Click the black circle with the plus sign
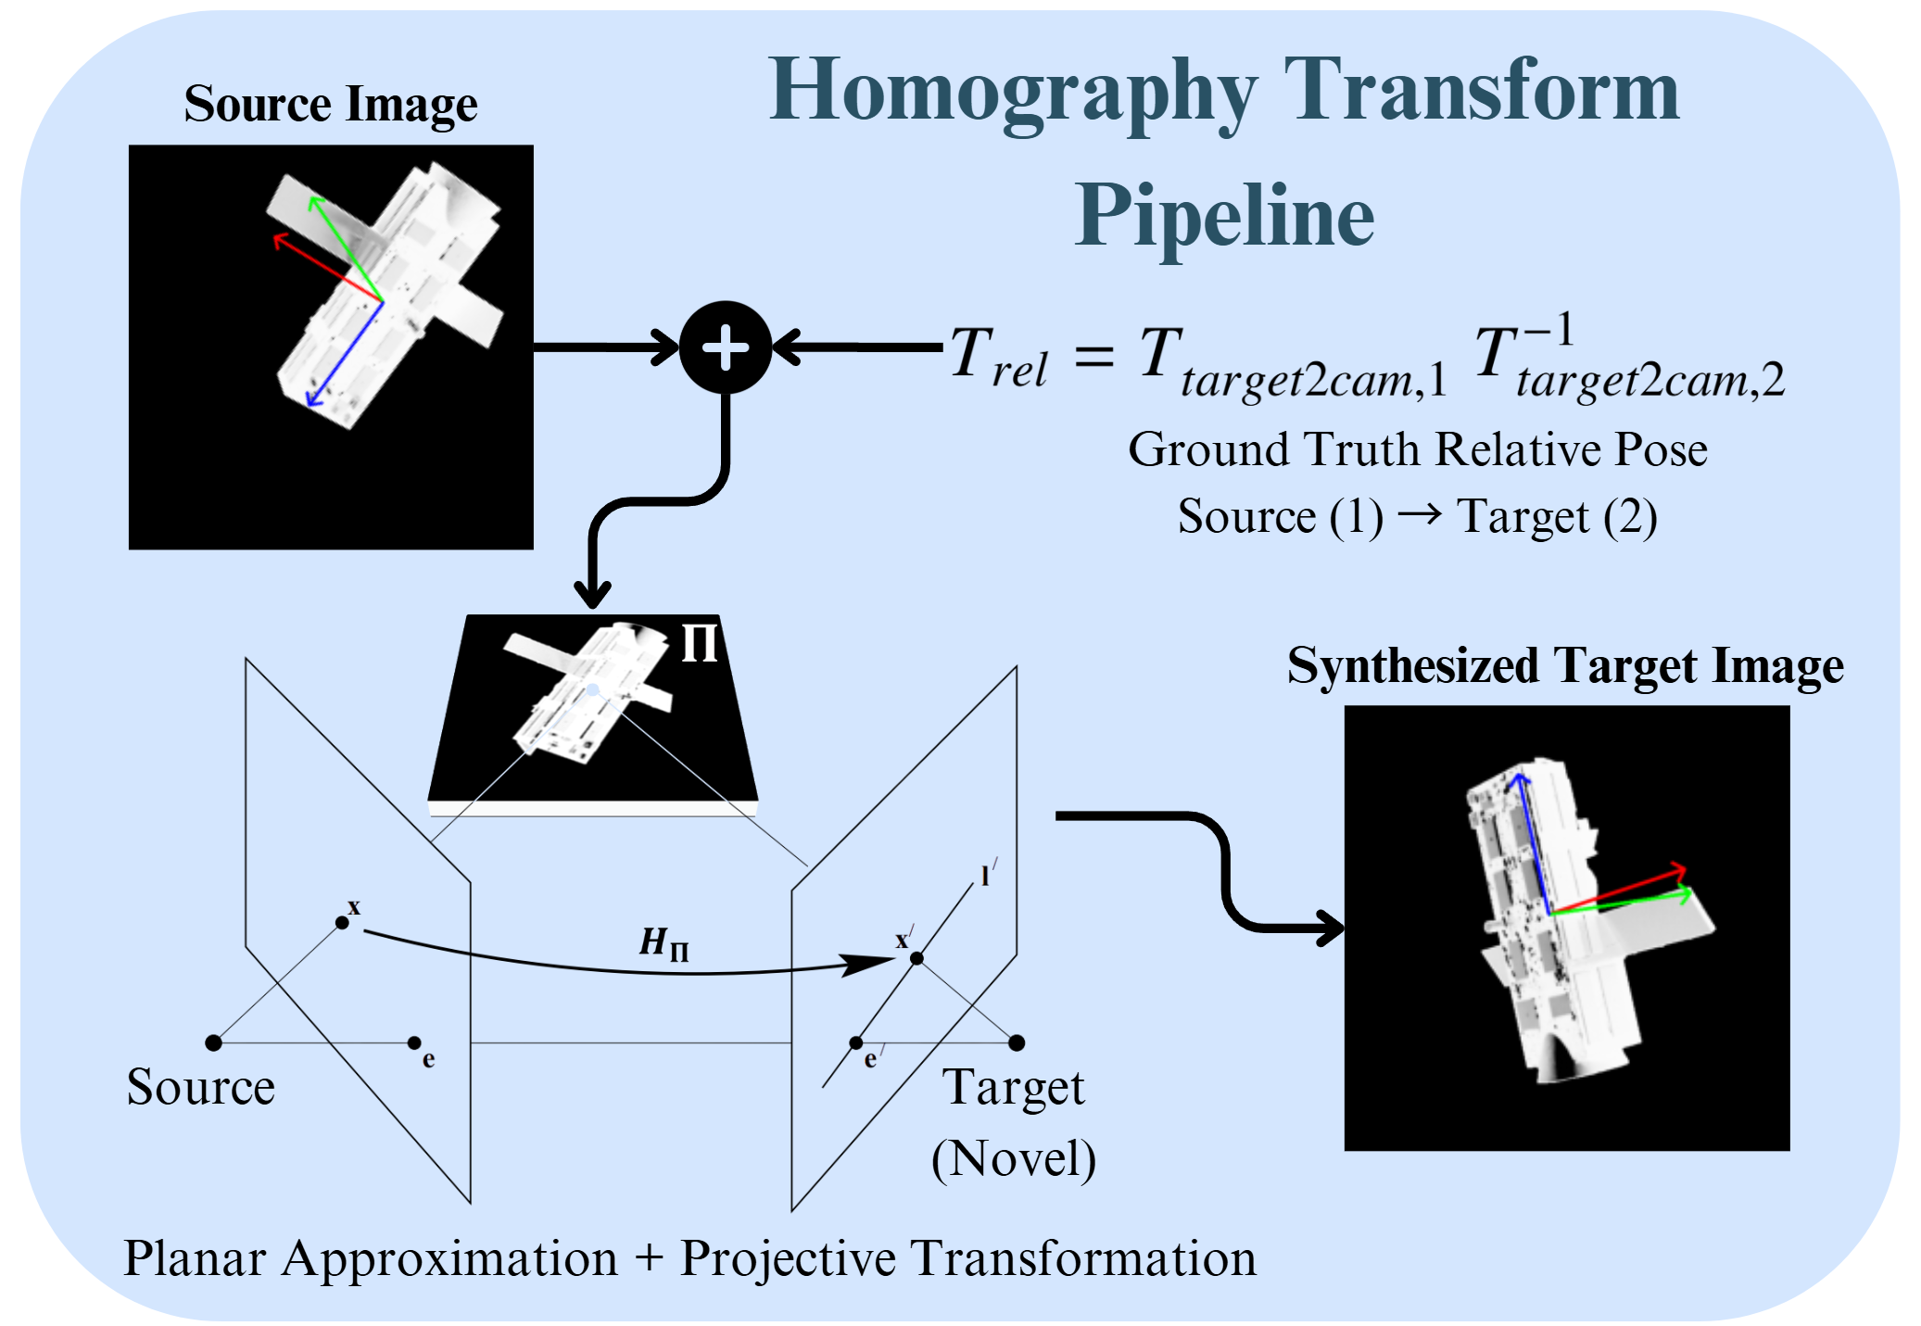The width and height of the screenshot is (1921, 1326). (x=725, y=347)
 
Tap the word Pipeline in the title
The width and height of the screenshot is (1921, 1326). (x=1224, y=216)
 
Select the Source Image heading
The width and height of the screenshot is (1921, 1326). (x=330, y=104)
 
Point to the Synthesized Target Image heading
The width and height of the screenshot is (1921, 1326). (x=1565, y=666)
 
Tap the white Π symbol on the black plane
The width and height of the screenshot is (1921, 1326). (x=700, y=642)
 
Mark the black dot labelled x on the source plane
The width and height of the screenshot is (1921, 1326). (x=342, y=922)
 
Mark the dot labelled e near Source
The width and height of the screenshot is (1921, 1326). (x=414, y=1043)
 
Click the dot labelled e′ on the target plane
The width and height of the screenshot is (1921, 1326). (x=856, y=1043)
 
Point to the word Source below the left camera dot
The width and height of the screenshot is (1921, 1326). (x=200, y=1087)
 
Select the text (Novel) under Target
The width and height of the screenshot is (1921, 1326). (x=1014, y=1158)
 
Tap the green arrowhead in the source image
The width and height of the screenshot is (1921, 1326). (x=315, y=201)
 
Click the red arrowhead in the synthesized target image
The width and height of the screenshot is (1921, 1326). (x=1680, y=871)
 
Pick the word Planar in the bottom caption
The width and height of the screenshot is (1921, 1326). (x=195, y=1258)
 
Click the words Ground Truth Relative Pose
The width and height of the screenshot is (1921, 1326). (x=1417, y=450)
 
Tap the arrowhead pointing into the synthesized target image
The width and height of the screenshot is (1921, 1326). (x=1333, y=928)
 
